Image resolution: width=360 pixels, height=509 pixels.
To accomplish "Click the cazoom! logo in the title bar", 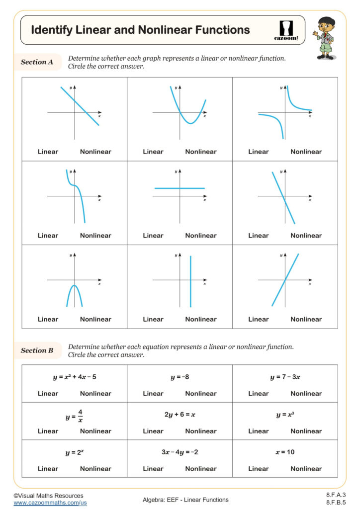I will click(286, 30).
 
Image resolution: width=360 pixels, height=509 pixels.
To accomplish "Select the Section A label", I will click(37, 62).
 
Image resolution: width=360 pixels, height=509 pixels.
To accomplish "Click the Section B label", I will click(37, 350).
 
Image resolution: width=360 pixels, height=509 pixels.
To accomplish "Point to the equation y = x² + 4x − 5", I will click(75, 377).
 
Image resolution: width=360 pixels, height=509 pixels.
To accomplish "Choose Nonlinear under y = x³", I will click(306, 431).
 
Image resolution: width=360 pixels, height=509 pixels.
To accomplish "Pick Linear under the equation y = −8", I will click(153, 393).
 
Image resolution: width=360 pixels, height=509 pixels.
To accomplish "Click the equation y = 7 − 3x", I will click(285, 377).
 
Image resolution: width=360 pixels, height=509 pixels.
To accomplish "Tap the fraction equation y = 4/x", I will click(75, 416).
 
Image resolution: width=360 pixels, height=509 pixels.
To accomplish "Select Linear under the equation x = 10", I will click(258, 468).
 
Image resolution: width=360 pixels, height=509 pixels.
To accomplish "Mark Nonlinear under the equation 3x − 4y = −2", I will click(201, 468).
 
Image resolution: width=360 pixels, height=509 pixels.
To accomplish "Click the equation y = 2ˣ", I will click(75, 453).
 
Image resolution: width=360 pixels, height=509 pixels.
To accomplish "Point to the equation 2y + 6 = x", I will click(180, 415).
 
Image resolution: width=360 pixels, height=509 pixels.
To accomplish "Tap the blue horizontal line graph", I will click(180, 188).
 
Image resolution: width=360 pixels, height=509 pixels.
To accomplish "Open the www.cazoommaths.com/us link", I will click(50, 503).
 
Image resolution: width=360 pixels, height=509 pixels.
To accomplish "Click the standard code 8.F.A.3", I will click(336, 495).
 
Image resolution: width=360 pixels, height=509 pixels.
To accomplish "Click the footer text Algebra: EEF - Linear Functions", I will click(185, 500).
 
